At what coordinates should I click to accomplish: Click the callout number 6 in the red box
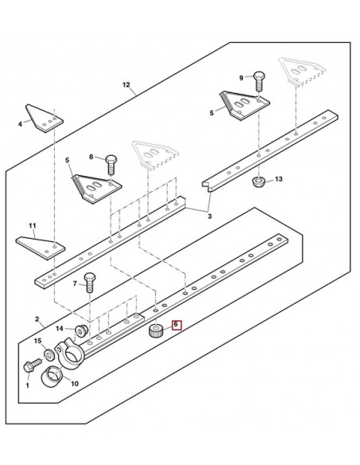pos(176,324)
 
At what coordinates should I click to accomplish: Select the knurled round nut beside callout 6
pos(155,330)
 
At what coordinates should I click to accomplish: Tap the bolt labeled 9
pos(259,81)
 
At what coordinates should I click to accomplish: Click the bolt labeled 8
pos(111,164)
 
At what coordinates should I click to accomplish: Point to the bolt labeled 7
pos(90,283)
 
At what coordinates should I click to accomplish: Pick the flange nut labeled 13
pos(258,182)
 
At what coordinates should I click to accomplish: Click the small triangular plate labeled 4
pos(44,119)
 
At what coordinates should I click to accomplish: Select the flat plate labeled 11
pos(41,248)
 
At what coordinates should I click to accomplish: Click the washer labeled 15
pos(49,354)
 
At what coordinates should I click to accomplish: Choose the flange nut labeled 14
pos(80,330)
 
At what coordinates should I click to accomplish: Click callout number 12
pos(127,85)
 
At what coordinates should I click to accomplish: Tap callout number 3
pos(209,217)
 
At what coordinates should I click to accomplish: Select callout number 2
pos(37,319)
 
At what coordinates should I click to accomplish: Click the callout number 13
pos(279,179)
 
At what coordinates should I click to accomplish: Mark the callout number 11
pos(33,226)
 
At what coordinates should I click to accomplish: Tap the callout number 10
pos(75,384)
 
